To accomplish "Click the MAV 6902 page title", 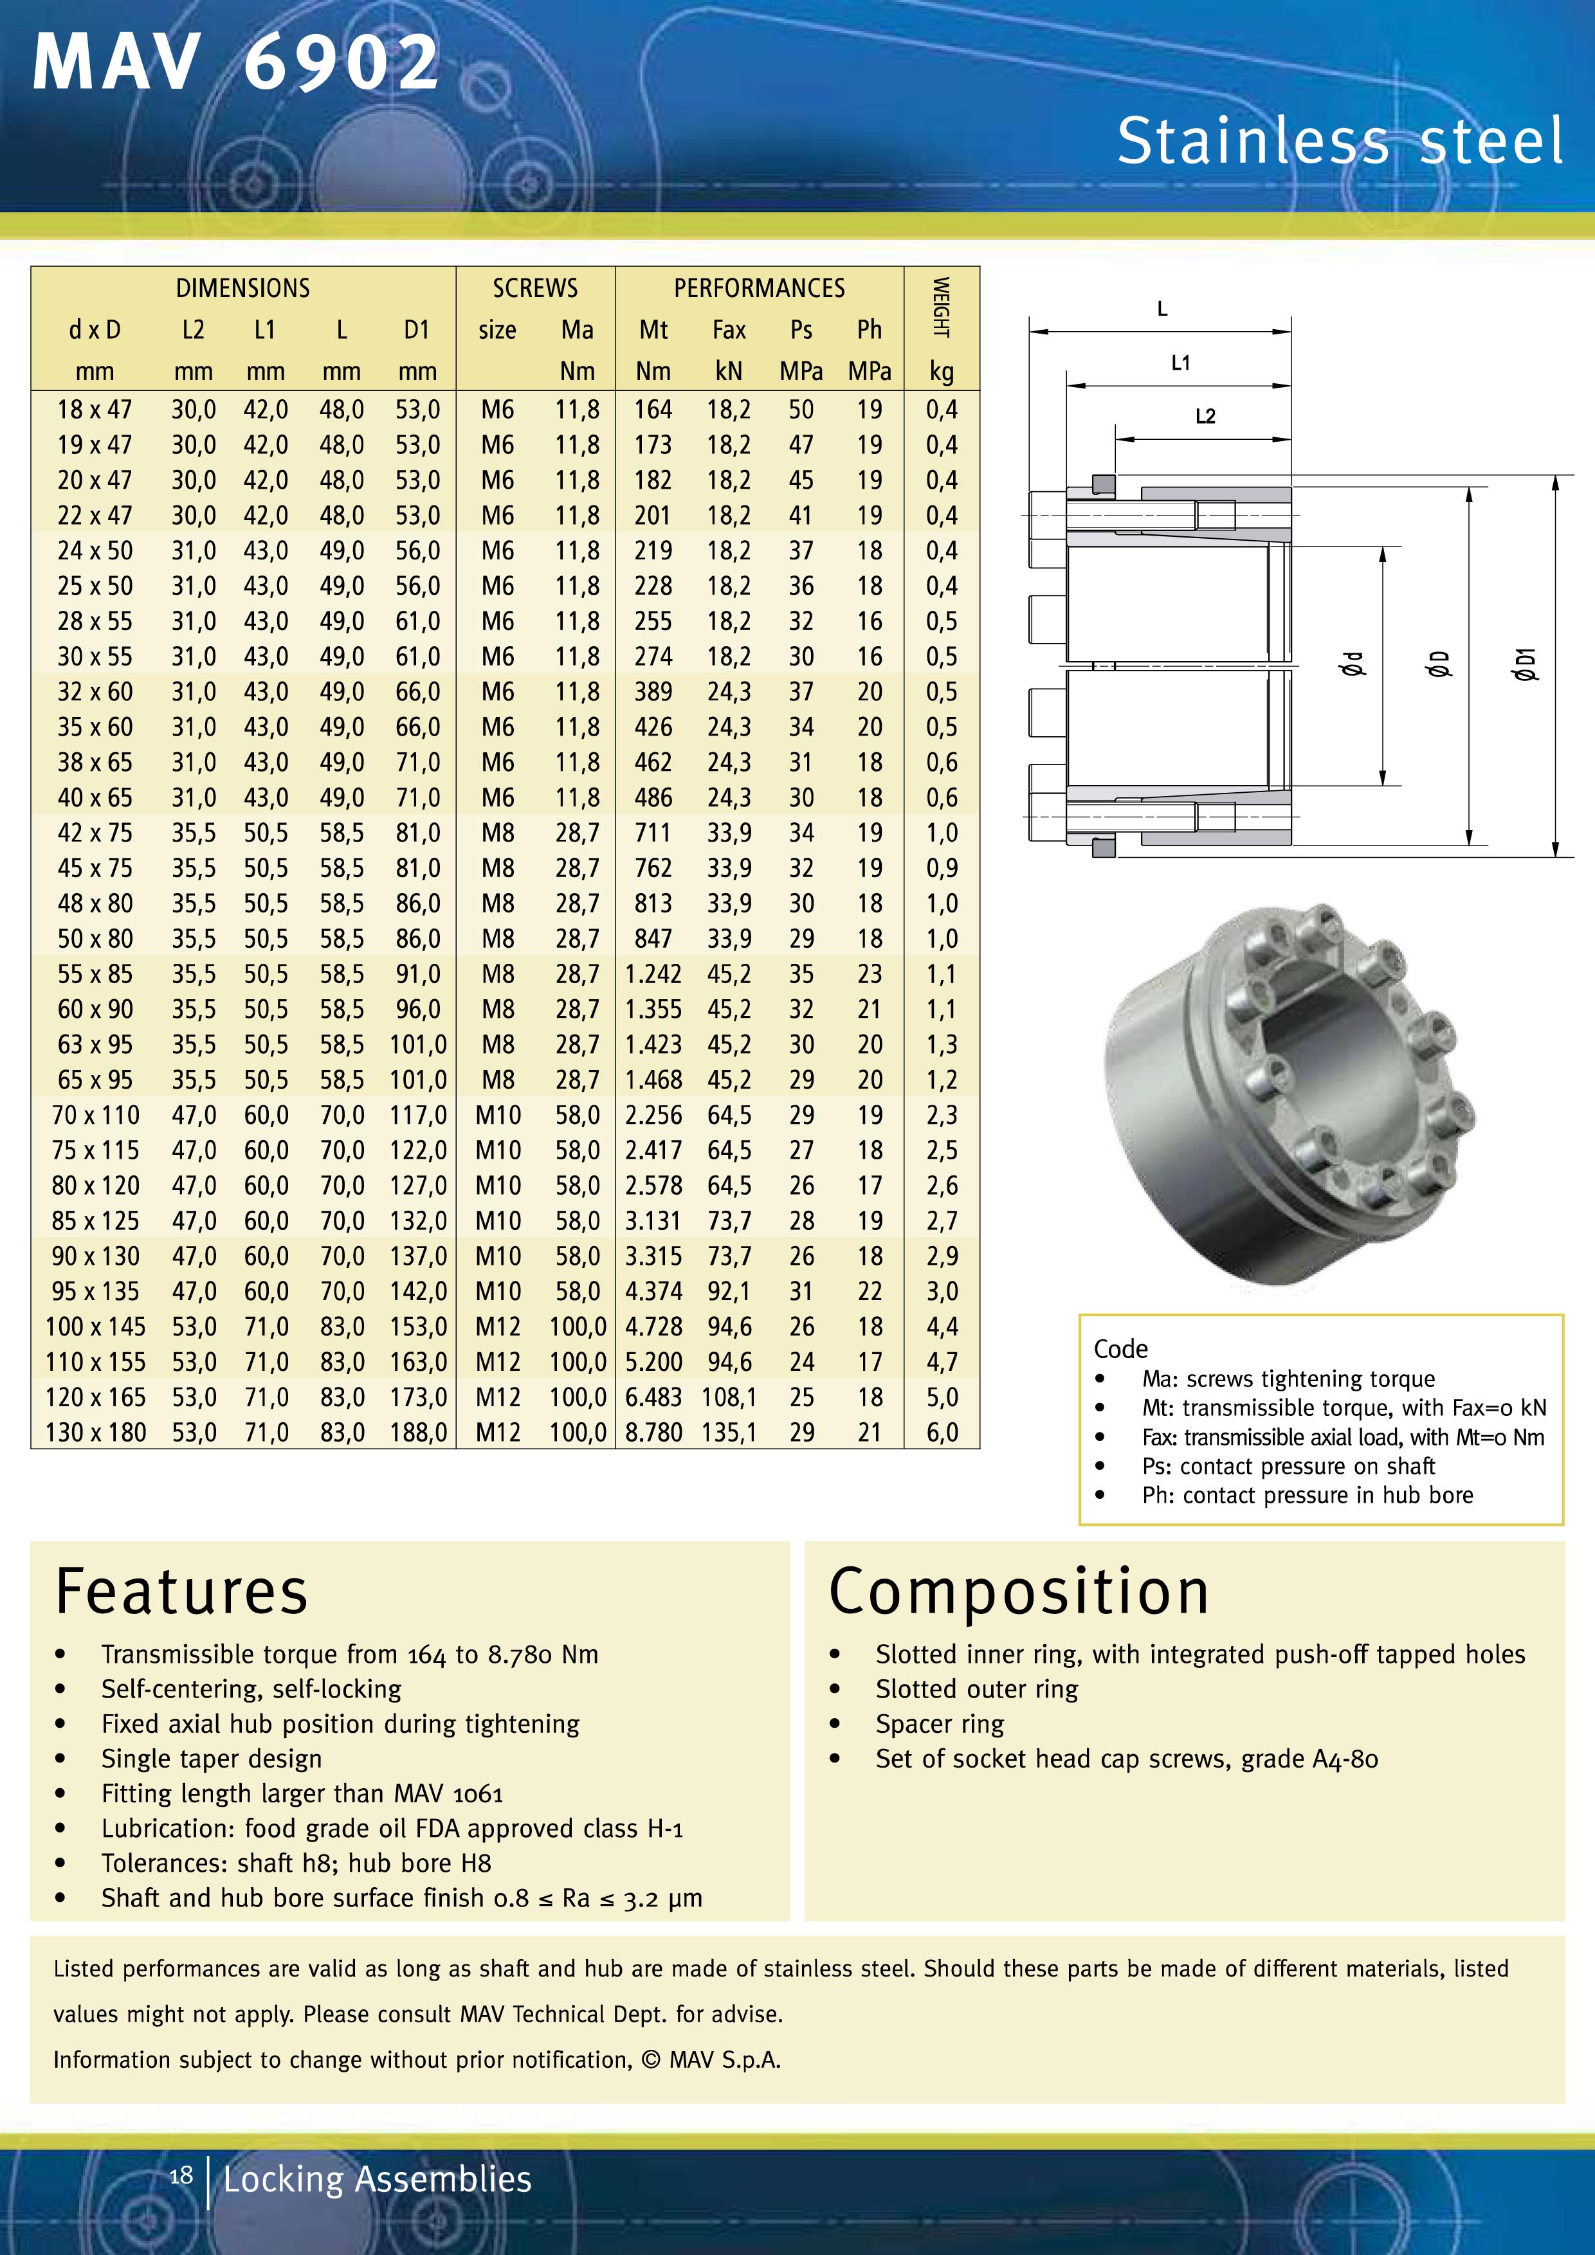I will point(236,64).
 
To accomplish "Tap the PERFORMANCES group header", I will point(758,289).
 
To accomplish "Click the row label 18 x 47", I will point(95,410).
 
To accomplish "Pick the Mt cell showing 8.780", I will point(653,1433).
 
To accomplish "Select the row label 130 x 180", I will point(95,1433).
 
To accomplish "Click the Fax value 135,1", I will point(729,1433).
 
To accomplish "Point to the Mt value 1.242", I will point(653,974).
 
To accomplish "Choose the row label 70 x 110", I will point(95,1116).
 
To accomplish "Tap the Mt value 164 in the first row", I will point(653,410).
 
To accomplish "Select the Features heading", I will point(182,1592).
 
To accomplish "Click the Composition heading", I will point(1019,1592).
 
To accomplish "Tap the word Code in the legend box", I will point(1120,1348).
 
